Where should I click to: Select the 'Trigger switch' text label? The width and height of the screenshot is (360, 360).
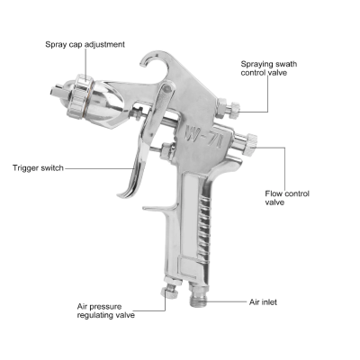coord(38,167)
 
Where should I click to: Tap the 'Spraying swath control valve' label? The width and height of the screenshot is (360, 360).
coord(276,69)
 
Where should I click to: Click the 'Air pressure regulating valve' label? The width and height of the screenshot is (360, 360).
coord(107,311)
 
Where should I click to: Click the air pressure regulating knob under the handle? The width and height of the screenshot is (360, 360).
coord(167,292)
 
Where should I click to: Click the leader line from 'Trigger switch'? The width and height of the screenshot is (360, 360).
coord(99,167)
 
